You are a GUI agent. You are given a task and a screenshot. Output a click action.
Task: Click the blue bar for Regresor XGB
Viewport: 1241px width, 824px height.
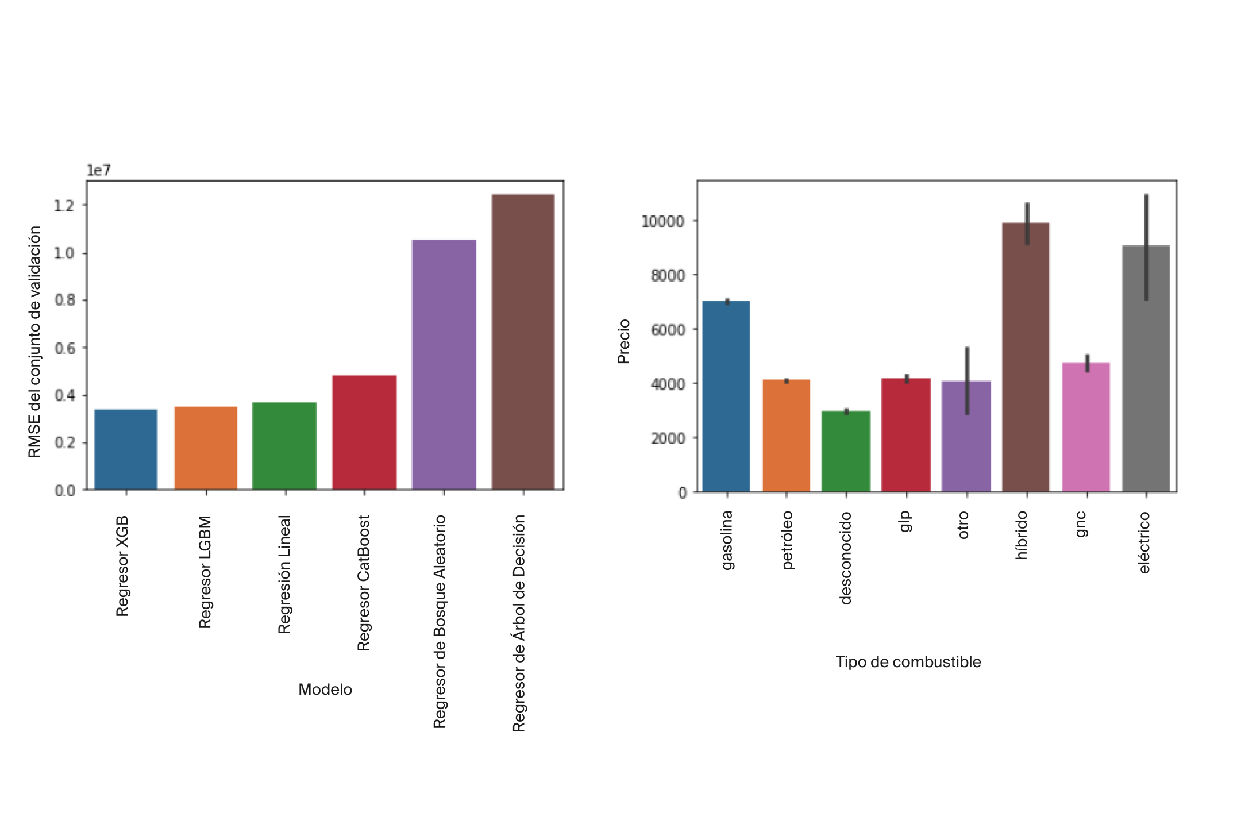[126, 449]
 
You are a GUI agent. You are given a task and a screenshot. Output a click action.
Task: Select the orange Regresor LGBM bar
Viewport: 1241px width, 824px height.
[206, 448]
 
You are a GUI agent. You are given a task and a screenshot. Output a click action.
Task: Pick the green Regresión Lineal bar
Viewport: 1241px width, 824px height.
[285, 445]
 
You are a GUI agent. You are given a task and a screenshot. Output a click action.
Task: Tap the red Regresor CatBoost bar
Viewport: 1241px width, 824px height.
[364, 432]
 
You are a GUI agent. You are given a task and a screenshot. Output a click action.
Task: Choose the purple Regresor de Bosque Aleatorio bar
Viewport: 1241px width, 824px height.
[444, 364]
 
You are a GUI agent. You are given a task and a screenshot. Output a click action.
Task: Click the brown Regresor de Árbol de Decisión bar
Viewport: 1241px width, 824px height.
[523, 342]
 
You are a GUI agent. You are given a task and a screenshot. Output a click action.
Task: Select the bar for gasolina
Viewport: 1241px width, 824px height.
[726, 396]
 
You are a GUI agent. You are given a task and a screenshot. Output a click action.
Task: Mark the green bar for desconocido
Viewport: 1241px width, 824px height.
[846, 451]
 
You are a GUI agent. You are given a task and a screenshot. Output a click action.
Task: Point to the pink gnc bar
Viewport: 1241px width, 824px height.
[1086, 427]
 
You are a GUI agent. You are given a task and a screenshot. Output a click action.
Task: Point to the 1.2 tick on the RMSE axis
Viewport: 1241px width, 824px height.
[64, 206]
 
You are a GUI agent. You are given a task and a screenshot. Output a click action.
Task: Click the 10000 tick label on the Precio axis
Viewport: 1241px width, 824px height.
[662, 221]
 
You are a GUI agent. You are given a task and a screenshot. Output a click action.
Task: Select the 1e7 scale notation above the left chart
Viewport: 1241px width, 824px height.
[98, 171]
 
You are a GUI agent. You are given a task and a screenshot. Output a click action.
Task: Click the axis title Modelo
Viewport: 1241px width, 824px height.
[325, 690]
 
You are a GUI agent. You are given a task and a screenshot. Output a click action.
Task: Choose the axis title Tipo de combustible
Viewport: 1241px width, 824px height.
[908, 662]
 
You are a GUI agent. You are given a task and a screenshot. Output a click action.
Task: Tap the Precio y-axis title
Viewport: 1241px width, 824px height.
[624, 341]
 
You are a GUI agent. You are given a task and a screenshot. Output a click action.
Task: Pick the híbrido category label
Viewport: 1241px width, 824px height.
[1021, 535]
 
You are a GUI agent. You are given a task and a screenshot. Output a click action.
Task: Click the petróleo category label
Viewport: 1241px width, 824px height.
[787, 540]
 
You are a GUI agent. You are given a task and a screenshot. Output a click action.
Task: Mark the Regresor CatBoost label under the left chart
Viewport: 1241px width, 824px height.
[364, 583]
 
